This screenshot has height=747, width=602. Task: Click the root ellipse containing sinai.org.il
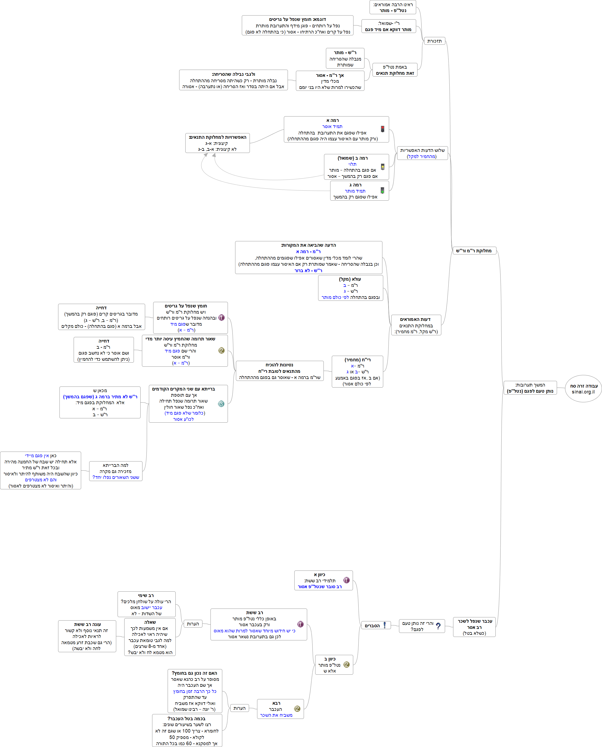583,388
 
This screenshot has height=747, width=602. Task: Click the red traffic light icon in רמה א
382,129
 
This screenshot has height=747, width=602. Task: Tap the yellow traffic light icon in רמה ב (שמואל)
382,167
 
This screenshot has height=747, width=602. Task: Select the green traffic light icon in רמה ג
382,190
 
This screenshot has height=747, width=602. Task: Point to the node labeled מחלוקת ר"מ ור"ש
474,251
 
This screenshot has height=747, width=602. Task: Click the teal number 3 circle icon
221,404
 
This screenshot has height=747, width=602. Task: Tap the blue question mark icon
438,626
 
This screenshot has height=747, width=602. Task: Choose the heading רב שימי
146,595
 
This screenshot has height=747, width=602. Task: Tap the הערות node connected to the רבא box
239,708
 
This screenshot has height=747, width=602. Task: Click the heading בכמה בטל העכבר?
187,719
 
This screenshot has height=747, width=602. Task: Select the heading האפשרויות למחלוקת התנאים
217,137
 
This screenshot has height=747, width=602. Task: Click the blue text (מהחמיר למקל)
422,156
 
